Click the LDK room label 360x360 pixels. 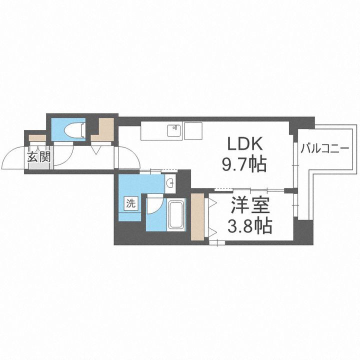coord(245,144)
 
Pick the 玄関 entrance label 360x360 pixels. coord(38,157)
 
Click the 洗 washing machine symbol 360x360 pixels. coord(130,203)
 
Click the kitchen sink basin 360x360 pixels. coord(173,131)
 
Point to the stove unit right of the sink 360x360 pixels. coord(192,131)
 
